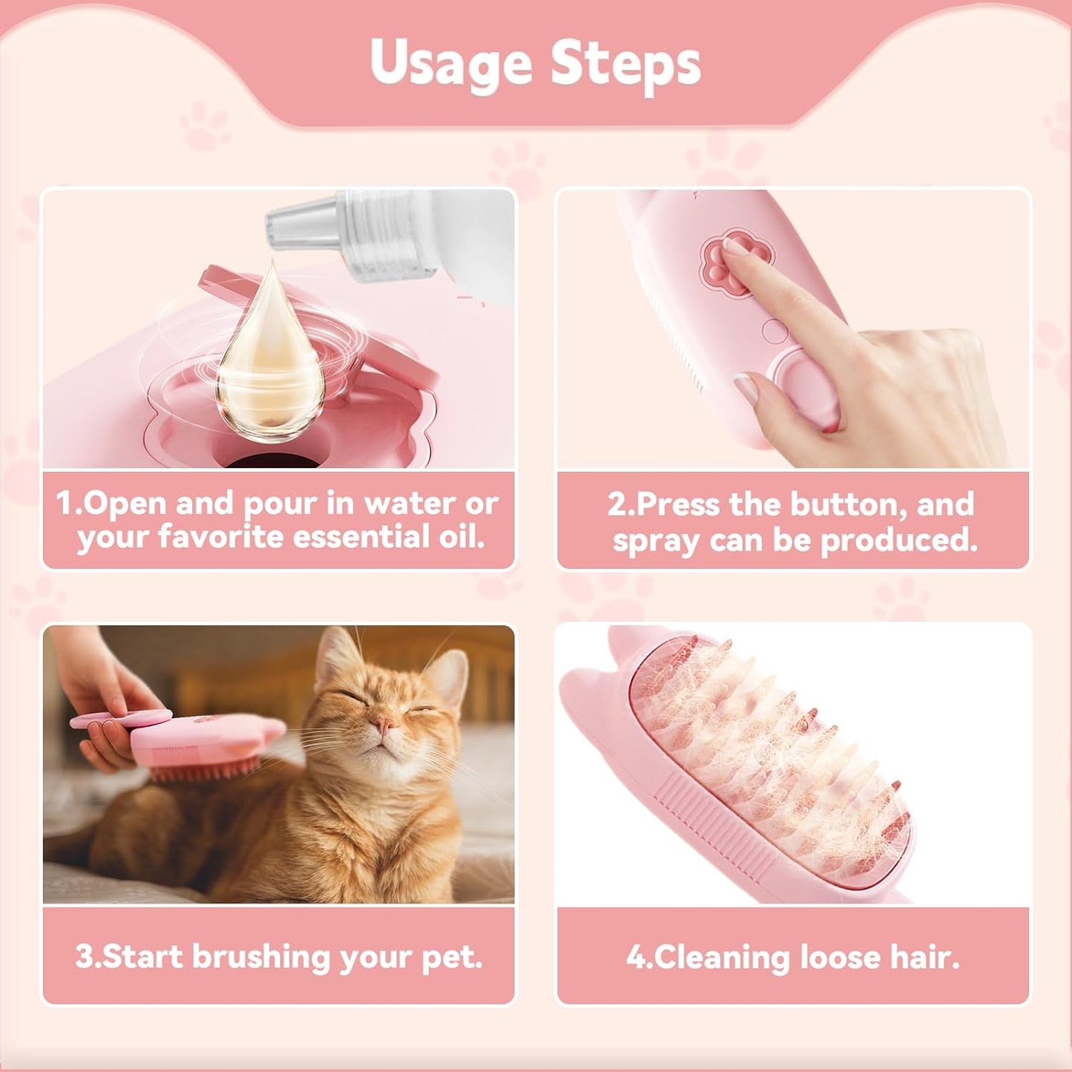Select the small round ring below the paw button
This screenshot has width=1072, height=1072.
pos(775,331)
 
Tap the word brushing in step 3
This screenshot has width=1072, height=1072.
pos(261,957)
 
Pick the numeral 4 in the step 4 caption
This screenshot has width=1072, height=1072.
pos(635,957)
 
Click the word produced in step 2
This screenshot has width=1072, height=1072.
pos(898,540)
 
